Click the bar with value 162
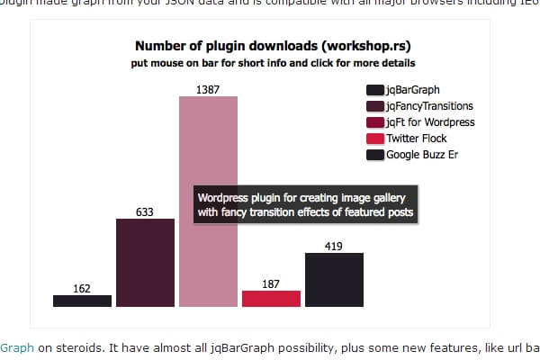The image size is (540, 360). coord(82,301)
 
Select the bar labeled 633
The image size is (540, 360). coord(145,262)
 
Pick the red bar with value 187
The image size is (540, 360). coord(271,298)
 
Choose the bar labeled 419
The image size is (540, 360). coord(334,280)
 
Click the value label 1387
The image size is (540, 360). coord(208,89)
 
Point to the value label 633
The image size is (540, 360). coord(145,211)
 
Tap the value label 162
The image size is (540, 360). coord(82,289)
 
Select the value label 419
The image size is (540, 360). coord(334,246)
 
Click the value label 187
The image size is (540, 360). coord(271,283)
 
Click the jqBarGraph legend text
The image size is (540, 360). coord(410,90)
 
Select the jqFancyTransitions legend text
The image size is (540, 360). coord(429,106)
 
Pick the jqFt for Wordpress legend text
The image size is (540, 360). coord(430,122)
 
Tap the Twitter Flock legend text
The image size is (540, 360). coord(416,139)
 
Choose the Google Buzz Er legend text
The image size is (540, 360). coord(422,155)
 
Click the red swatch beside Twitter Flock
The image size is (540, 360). coord(375,139)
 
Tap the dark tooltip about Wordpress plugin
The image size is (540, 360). coord(305,205)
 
